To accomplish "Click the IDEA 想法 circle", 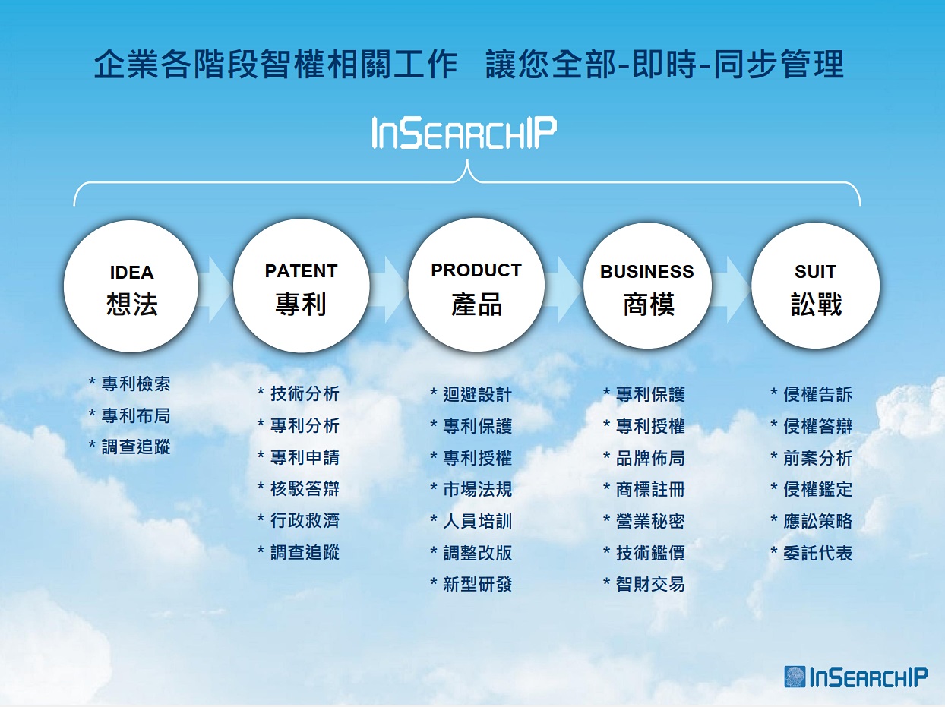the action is point(131,286).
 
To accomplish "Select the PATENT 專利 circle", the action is point(302,286).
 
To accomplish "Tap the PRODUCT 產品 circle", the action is point(476,285).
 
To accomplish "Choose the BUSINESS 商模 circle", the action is point(647,286).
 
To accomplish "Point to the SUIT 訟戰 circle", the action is point(815,286).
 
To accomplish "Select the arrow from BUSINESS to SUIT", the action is point(732,289).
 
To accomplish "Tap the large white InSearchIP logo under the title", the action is point(464,133).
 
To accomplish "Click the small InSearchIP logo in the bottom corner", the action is point(856,677).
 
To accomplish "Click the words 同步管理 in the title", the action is point(779,64).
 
